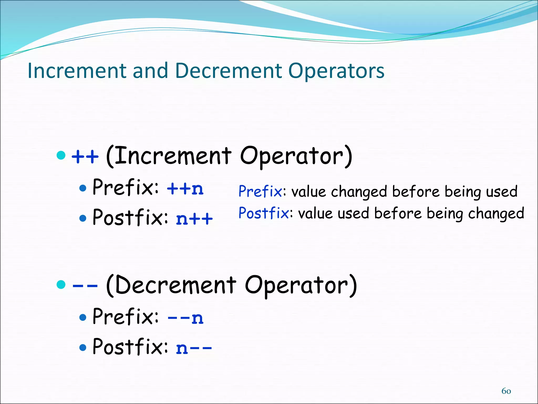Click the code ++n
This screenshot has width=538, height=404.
(x=185, y=189)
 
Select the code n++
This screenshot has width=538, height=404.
(x=194, y=219)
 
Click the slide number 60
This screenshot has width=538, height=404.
(x=506, y=391)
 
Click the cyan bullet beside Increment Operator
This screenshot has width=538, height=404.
(x=61, y=155)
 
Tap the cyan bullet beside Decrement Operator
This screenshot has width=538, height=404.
(x=61, y=284)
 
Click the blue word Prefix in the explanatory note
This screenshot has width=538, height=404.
(x=260, y=191)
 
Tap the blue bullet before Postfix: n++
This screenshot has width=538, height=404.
(x=83, y=218)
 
